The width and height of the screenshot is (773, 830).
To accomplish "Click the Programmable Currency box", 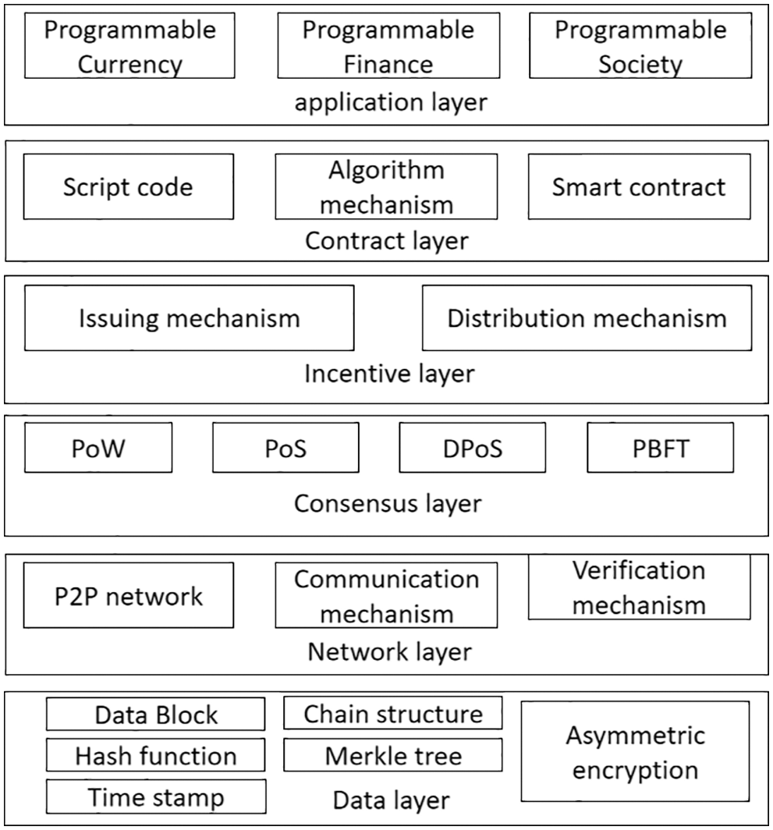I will pos(129,46).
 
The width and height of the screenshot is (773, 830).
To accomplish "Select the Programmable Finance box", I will pos(388,46).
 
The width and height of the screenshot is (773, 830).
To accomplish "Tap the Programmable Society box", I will pos(640,46).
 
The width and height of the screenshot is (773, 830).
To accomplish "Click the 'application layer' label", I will pos(391,102).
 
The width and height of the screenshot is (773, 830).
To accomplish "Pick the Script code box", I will pos(129,186).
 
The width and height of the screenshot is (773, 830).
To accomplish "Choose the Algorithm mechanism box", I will pos(386,186).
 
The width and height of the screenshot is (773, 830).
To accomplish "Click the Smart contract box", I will pos(639,186).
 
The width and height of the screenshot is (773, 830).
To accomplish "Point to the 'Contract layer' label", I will pos(387,240).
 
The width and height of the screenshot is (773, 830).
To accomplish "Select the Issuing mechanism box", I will pos(189,318).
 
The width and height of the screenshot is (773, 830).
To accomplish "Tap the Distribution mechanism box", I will pos(587,318).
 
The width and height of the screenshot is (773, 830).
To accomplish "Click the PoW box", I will pos(98,448).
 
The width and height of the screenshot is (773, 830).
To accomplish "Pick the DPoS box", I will pos(472,448).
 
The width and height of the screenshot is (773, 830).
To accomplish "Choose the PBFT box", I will pos(660,448).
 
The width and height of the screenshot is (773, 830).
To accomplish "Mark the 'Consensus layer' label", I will pos(388,503).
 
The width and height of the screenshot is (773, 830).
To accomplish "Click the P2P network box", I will pos(129,596).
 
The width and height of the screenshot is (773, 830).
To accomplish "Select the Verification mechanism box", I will pos(639,587).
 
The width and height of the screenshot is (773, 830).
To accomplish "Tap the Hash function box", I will pos(155,755).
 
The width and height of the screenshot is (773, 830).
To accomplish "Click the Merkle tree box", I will pos(392,755).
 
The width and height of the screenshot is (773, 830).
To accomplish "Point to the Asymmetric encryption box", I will pos(635,752).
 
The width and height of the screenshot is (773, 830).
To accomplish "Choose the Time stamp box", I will pos(155,796).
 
